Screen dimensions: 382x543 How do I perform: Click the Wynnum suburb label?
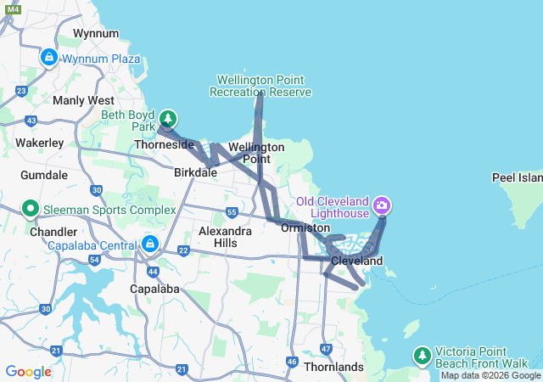(x=94, y=33)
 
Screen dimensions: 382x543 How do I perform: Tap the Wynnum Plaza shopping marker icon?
(x=48, y=58)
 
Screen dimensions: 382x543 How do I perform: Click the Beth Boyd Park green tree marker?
(x=168, y=119)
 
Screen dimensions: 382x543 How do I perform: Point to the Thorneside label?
(x=165, y=145)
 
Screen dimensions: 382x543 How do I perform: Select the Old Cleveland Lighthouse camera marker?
(x=382, y=205)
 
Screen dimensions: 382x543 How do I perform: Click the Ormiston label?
(x=305, y=228)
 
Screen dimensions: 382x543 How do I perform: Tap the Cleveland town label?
(x=356, y=261)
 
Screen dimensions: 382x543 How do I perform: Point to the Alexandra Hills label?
(x=224, y=237)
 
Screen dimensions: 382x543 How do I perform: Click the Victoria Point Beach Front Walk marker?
(x=422, y=354)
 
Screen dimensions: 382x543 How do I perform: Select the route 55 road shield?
(x=232, y=211)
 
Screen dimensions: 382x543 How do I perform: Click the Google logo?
(x=29, y=371)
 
